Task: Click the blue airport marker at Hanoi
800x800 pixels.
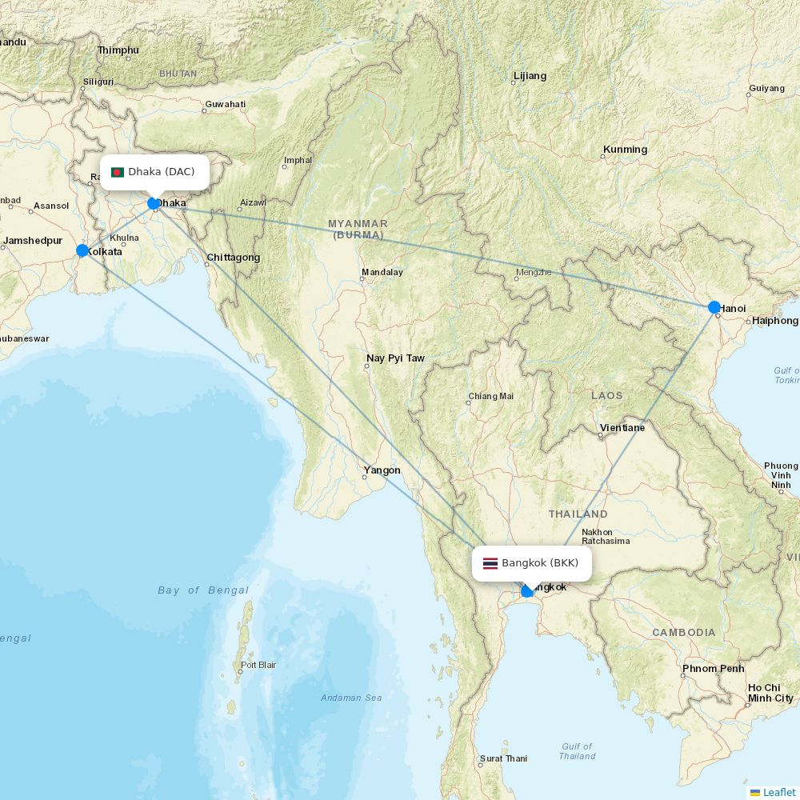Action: point(714,307)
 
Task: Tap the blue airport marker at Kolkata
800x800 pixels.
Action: point(82,250)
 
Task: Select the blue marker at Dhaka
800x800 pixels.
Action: point(154,203)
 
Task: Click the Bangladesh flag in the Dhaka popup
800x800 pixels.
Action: point(118,172)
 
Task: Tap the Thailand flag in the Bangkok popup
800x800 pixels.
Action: point(490,563)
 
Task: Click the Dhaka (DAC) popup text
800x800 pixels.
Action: point(161,172)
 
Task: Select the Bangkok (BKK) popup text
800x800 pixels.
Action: point(540,563)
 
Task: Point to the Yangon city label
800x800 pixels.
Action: point(382,470)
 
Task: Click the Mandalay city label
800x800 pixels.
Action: point(382,272)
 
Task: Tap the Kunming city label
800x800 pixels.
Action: point(625,150)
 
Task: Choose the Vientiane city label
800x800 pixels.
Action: point(622,428)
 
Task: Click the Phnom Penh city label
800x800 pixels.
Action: point(713,668)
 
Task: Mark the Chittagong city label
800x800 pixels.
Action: point(233,258)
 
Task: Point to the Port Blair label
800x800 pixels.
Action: point(258,665)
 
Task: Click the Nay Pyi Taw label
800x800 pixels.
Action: point(395,358)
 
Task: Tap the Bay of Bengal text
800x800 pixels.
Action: point(203,590)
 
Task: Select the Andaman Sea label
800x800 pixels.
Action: point(351,698)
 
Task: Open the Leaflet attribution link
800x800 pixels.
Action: point(778,792)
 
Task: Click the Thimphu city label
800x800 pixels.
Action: point(118,50)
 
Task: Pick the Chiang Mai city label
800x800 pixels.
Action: point(491,396)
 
